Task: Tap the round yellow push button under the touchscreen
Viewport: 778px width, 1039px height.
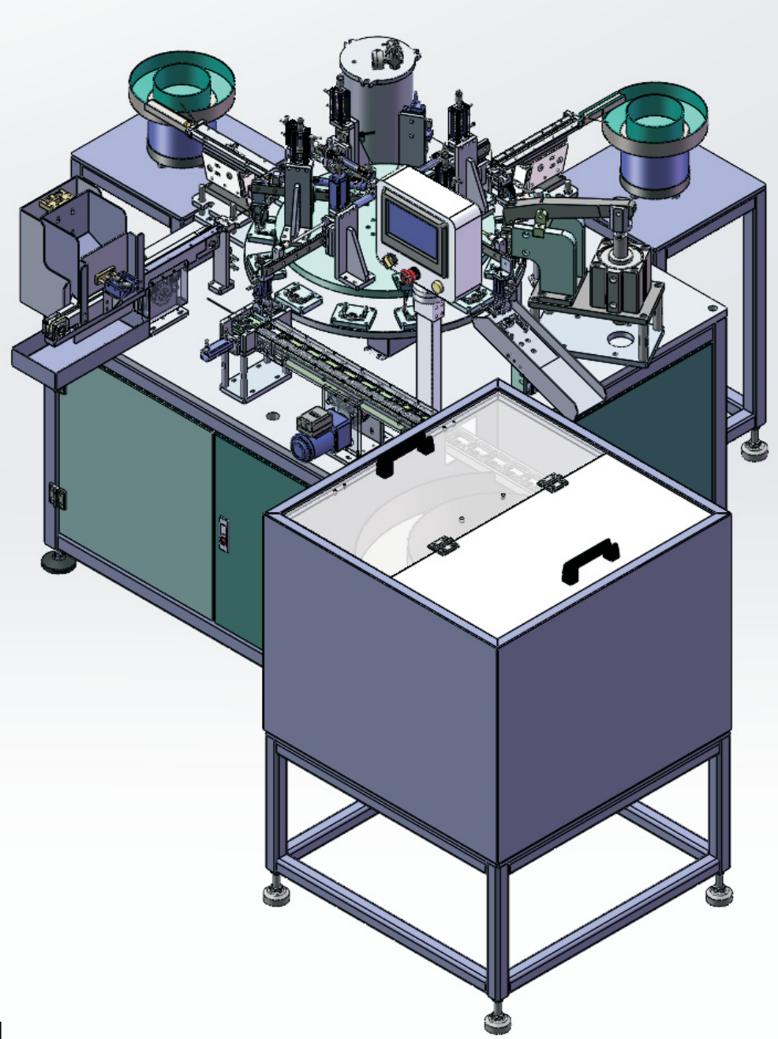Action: (x=388, y=260)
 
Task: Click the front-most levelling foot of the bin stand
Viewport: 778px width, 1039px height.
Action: (x=497, y=1020)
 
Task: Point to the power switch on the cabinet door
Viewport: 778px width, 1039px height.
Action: (x=223, y=533)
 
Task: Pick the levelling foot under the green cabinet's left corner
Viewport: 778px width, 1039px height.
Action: (x=58, y=562)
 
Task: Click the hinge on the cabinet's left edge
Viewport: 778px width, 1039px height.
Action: (x=56, y=495)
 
